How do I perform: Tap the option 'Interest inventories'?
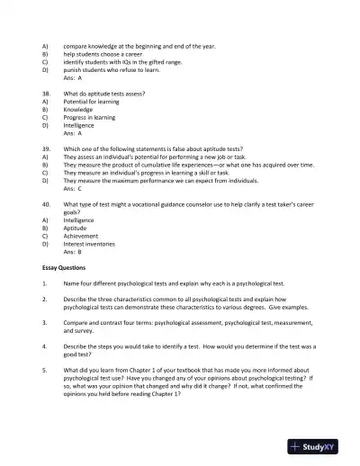pos(94,244)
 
